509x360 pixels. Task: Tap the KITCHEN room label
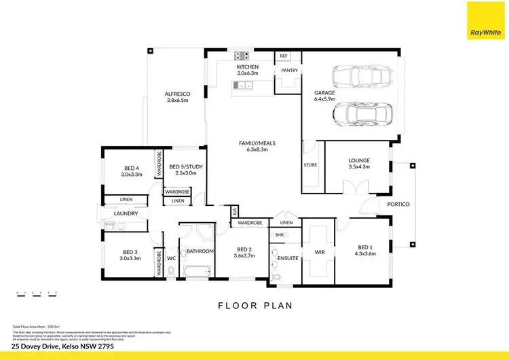(x=247, y=67)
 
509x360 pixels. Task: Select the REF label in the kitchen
(x=284, y=56)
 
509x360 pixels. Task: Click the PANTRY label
(x=286, y=70)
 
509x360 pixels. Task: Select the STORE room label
(x=311, y=164)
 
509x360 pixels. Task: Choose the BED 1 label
(x=365, y=247)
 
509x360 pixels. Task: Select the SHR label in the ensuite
(x=278, y=234)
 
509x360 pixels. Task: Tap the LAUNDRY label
(x=126, y=214)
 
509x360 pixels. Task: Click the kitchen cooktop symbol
(x=242, y=56)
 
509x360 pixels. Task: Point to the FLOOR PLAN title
(x=254, y=306)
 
